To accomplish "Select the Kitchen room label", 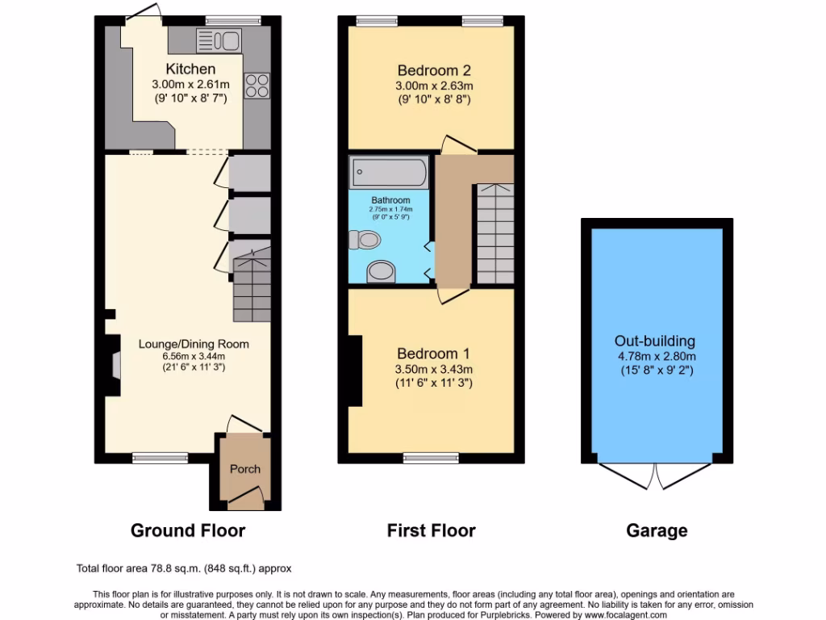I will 190,69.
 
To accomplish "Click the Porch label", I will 245,469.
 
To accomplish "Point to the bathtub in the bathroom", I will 389,172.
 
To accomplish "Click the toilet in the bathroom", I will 365,239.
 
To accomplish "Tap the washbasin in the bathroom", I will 380,272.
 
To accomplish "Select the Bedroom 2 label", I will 433,69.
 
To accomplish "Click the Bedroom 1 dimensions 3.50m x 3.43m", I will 434,370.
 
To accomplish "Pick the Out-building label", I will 655,341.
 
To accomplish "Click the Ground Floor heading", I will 188,530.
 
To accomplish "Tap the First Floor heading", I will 431,530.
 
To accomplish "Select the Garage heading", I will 657,530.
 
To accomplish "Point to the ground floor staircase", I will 251,287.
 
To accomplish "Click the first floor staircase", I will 493,234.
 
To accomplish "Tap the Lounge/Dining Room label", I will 194,344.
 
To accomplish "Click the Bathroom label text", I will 390,200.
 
